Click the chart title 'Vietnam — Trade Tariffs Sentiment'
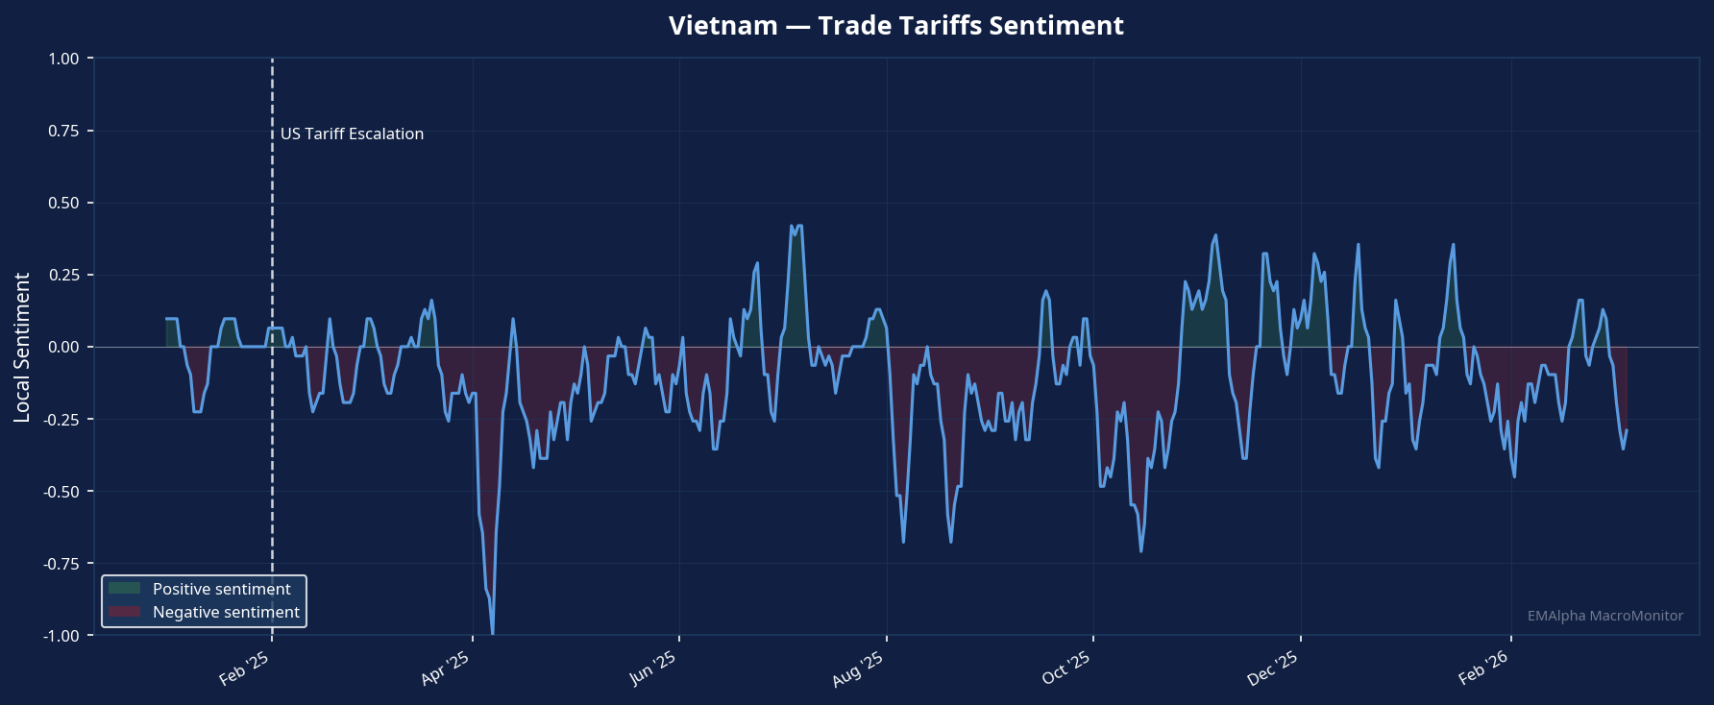coord(895,26)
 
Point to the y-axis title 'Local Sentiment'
coord(22,347)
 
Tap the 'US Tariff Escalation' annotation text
coord(352,134)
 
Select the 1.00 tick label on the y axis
coord(63,59)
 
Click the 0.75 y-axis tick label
coord(63,131)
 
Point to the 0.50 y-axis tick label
coord(63,203)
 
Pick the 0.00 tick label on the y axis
coord(63,347)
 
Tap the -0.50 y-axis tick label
coord(61,492)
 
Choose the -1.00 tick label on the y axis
coord(61,636)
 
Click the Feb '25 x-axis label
coord(244,669)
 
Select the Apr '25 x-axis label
coord(445,669)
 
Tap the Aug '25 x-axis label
coord(858,669)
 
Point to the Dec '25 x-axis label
coord(1272,669)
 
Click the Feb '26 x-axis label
coord(1483,669)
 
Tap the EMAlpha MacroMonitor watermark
coord(1604,616)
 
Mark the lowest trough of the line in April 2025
coord(493,633)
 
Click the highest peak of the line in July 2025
coord(792,227)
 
